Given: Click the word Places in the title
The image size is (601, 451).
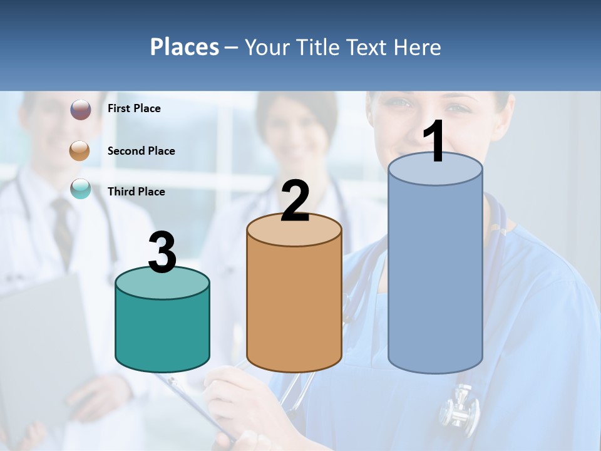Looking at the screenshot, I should (x=185, y=47).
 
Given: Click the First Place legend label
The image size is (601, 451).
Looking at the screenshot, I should (x=134, y=108).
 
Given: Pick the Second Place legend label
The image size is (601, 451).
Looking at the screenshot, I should (x=141, y=151).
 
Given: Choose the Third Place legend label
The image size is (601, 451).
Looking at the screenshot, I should (x=136, y=192).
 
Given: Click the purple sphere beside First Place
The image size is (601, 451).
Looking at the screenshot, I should (x=80, y=110).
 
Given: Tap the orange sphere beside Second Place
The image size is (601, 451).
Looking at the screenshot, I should (x=80, y=151).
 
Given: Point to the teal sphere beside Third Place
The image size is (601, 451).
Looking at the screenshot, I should (x=81, y=189).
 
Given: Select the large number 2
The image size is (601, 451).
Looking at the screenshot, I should (x=295, y=201).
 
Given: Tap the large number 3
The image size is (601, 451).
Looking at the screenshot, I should (x=162, y=252).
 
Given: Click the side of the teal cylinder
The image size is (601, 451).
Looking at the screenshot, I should (x=163, y=332).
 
